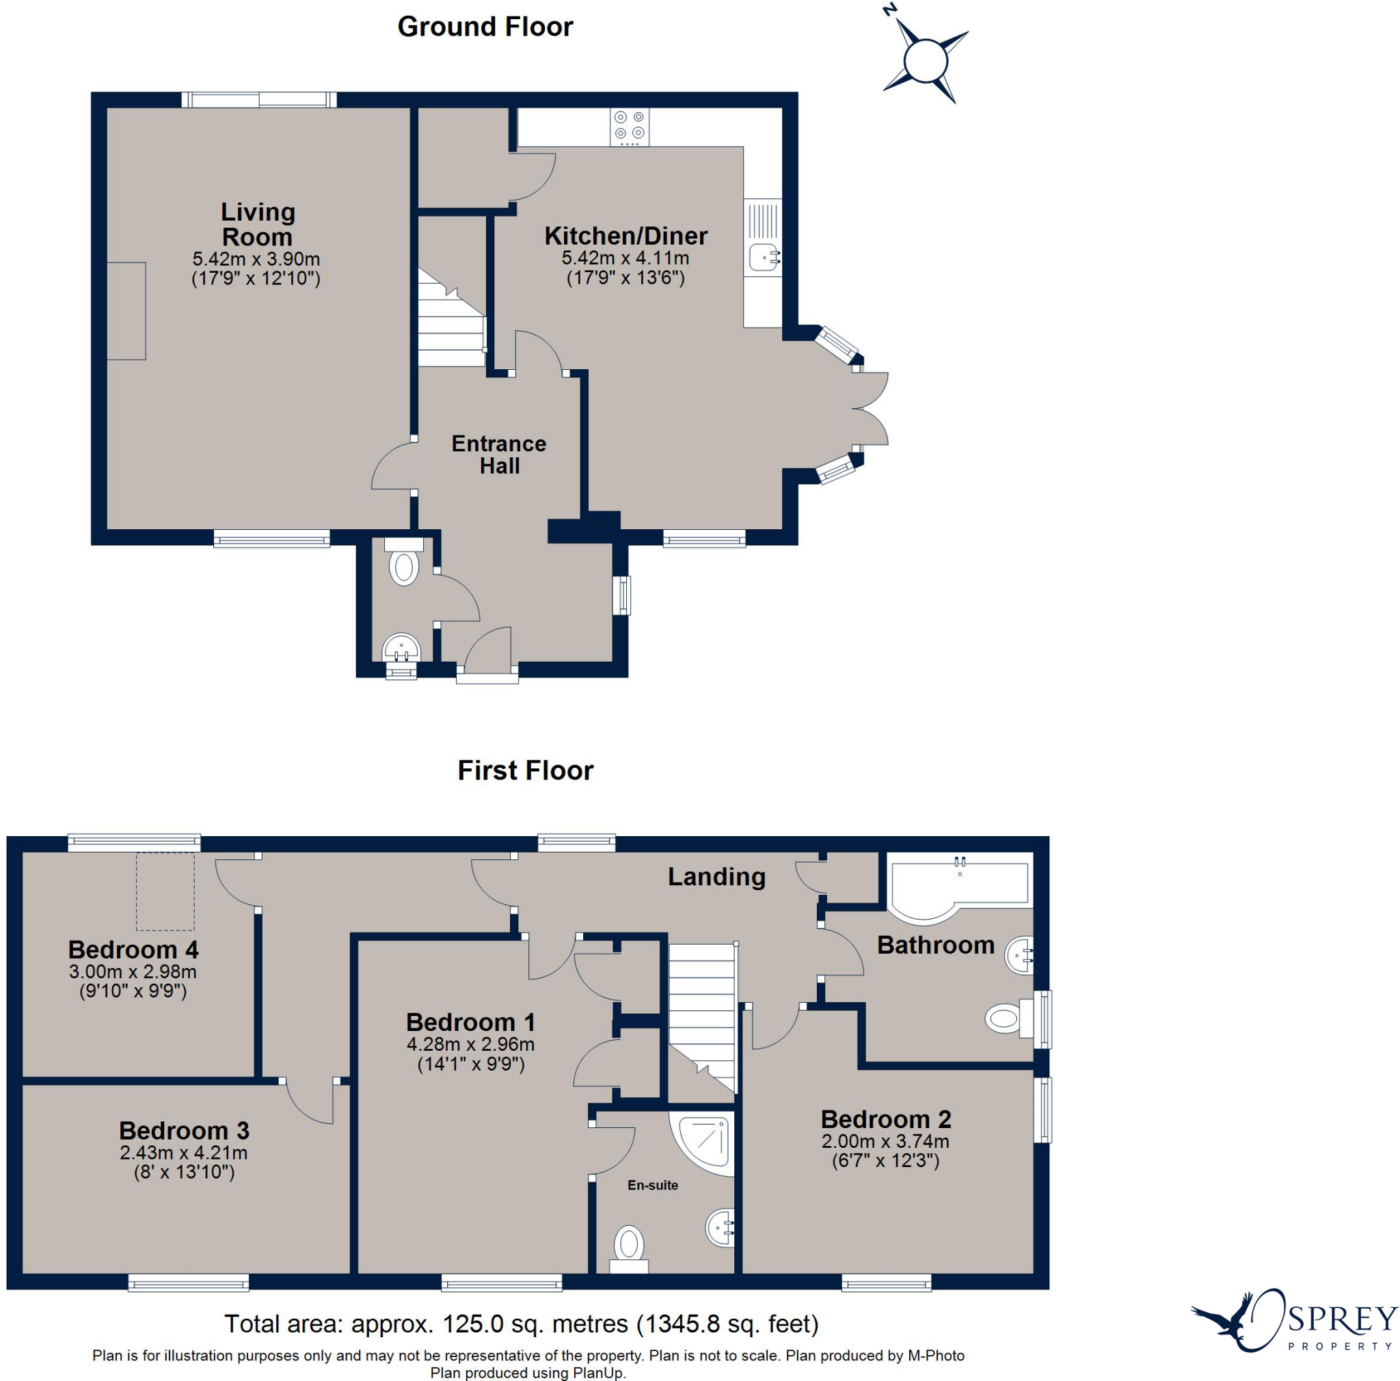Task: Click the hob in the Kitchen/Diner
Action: (629, 125)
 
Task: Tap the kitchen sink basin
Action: (763, 257)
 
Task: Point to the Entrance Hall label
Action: (498, 455)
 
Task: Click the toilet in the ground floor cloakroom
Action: (403, 566)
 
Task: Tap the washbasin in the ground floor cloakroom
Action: (400, 646)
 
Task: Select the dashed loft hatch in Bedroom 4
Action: (165, 892)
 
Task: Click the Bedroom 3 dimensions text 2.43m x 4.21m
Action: (183, 1152)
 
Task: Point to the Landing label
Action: (716, 876)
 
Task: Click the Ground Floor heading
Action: (485, 27)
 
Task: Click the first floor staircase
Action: (701, 1015)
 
